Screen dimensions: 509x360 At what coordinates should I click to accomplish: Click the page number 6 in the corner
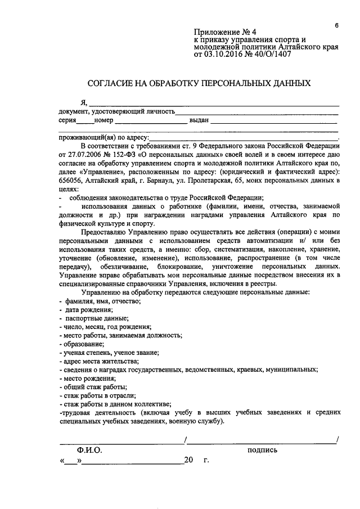pyautogui.click(x=336, y=25)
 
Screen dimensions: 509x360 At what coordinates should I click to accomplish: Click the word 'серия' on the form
pyautogui.click(x=67, y=120)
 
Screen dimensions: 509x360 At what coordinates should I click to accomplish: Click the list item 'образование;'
pyautogui.click(x=84, y=344)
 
